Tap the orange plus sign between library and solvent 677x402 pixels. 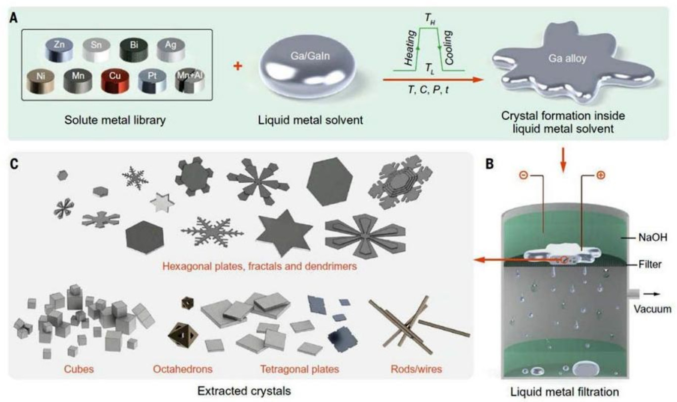(x=239, y=65)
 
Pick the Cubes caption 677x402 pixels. (x=79, y=369)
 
